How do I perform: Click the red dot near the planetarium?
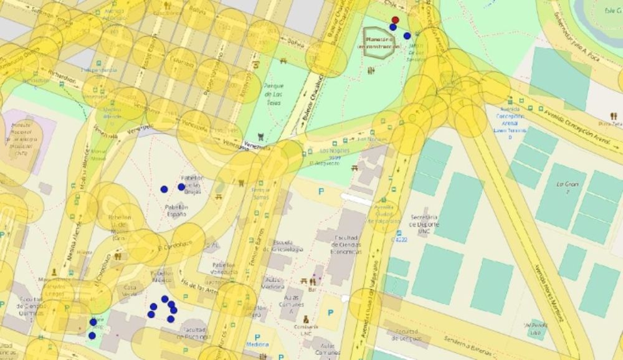[x=395, y=20]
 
